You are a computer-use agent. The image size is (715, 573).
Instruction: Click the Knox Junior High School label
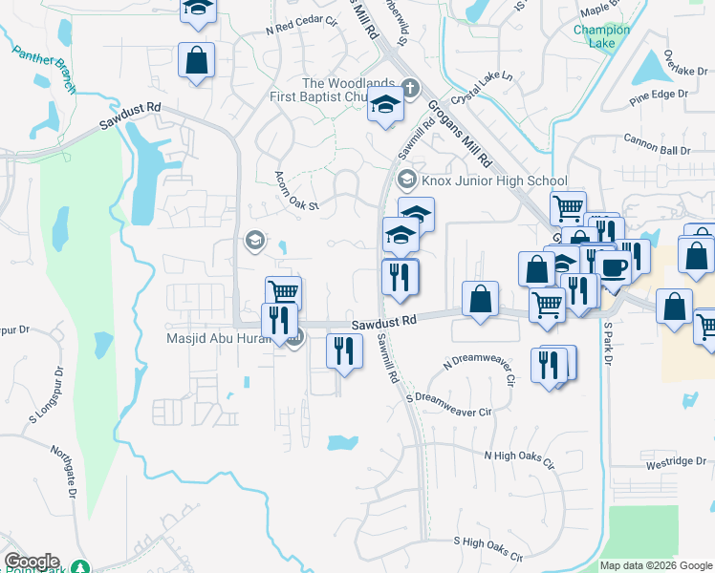[494, 180]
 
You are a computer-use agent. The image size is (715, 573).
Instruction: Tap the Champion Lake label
[601, 36]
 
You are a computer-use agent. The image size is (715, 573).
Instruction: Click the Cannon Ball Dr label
[656, 150]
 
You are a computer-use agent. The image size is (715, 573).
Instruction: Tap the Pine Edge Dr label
[659, 94]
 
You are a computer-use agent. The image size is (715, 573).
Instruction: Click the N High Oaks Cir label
[519, 460]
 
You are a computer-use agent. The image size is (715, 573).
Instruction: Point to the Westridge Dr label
[675, 462]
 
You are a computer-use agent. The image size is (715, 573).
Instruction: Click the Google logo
[32, 562]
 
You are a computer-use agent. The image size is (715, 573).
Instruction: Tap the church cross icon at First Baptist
[409, 88]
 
